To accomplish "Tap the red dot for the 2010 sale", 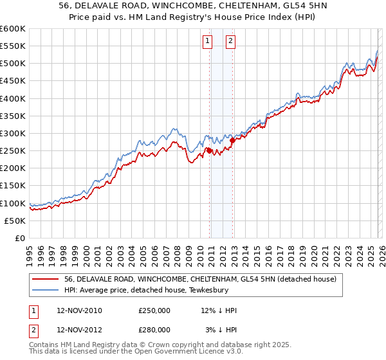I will (209, 150).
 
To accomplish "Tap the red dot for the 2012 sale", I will (232, 140).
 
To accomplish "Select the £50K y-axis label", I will (15, 221).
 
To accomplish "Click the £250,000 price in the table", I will (154, 310).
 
